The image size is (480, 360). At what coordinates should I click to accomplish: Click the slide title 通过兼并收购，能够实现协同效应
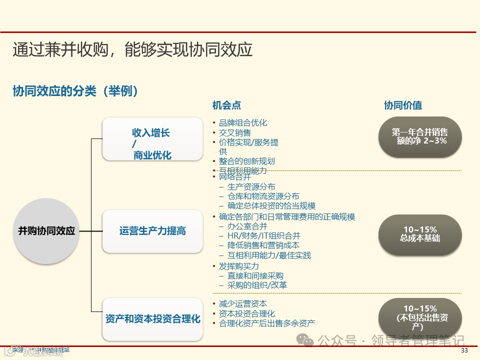click(x=132, y=49)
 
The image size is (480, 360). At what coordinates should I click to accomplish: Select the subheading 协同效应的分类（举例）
click(x=75, y=91)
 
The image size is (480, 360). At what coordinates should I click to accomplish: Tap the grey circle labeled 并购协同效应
click(x=46, y=231)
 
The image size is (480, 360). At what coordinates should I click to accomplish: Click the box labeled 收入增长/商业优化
click(x=151, y=139)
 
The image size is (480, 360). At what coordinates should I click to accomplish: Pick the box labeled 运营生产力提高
click(x=152, y=231)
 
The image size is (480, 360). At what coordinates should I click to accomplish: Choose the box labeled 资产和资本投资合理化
click(x=152, y=318)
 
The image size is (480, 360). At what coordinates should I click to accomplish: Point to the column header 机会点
click(x=226, y=105)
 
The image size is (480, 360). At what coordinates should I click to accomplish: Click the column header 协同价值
click(x=402, y=105)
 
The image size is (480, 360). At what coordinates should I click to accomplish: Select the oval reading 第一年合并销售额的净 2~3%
click(x=419, y=136)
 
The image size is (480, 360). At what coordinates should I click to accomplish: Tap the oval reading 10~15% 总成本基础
click(x=419, y=234)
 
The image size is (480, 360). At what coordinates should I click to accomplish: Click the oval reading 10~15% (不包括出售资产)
click(x=419, y=317)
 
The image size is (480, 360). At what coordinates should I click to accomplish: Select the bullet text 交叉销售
click(x=235, y=132)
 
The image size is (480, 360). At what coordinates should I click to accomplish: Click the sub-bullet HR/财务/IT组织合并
click(x=264, y=235)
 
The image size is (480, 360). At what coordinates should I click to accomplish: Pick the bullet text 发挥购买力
click(x=239, y=266)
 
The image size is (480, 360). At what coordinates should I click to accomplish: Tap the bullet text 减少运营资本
click(x=243, y=304)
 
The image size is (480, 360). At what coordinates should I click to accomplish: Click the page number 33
click(x=464, y=350)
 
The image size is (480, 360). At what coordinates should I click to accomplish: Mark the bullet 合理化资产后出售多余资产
click(x=267, y=323)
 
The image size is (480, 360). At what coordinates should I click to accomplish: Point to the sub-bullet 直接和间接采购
click(x=255, y=275)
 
